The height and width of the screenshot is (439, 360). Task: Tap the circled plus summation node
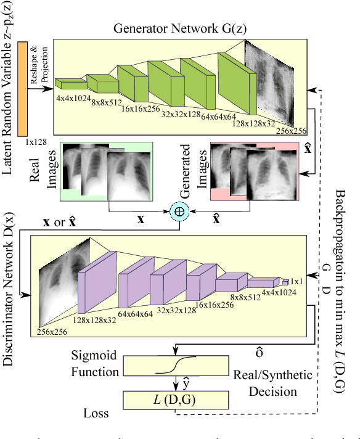click(x=180, y=211)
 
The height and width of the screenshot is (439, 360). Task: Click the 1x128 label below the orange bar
click(x=36, y=142)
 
